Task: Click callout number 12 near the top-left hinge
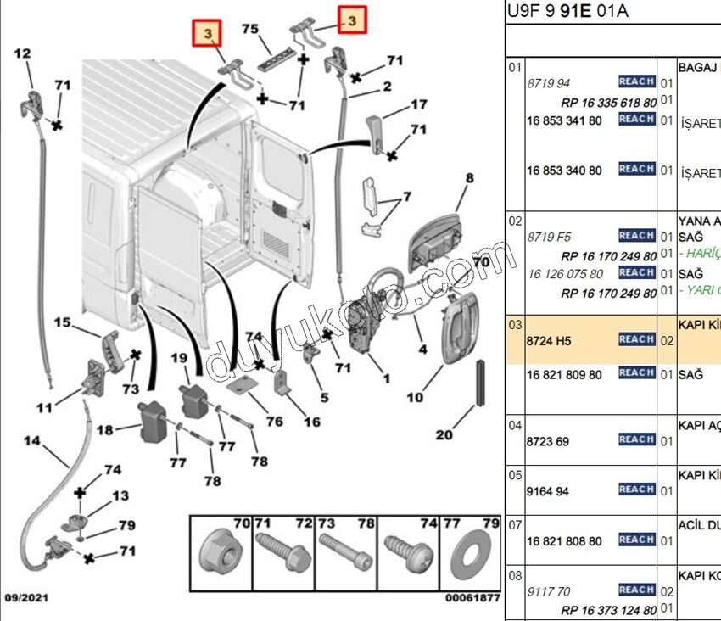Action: pyautogui.click(x=23, y=53)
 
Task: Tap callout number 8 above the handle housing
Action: pyautogui.click(x=468, y=178)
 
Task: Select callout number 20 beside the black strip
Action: pyautogui.click(x=444, y=435)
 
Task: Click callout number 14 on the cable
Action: pyautogui.click(x=31, y=441)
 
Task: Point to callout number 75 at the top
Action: pyautogui.click(x=249, y=29)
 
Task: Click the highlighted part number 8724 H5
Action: pyautogui.click(x=550, y=340)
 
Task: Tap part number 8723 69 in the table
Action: pyautogui.click(x=547, y=441)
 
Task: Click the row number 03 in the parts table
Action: pyautogui.click(x=514, y=325)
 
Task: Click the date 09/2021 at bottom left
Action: pyautogui.click(x=25, y=598)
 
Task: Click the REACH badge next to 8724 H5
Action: pyautogui.click(x=636, y=339)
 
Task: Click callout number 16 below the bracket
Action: pyautogui.click(x=311, y=422)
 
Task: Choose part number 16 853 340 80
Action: pyautogui.click(x=564, y=171)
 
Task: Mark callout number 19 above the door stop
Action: pyautogui.click(x=178, y=358)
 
